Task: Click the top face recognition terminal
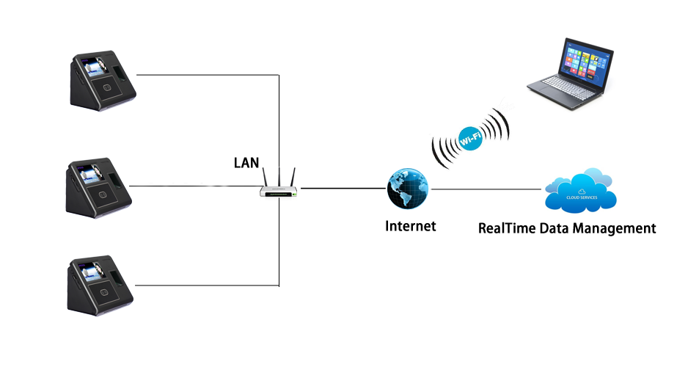[x=102, y=79]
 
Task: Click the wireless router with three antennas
[x=279, y=188]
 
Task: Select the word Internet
[x=410, y=226]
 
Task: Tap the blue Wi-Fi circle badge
[x=470, y=137]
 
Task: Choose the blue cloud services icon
[x=581, y=192]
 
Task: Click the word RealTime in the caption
[x=507, y=228]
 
